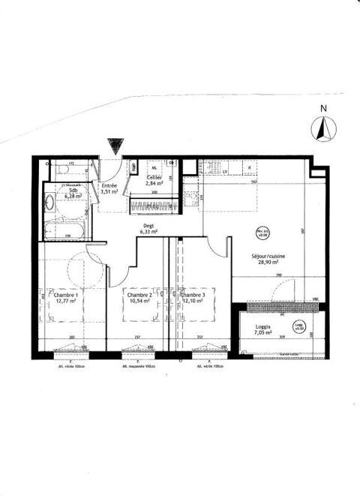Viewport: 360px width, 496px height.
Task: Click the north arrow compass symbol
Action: pyautogui.click(x=323, y=131)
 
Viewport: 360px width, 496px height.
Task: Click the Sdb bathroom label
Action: pyautogui.click(x=73, y=191)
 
